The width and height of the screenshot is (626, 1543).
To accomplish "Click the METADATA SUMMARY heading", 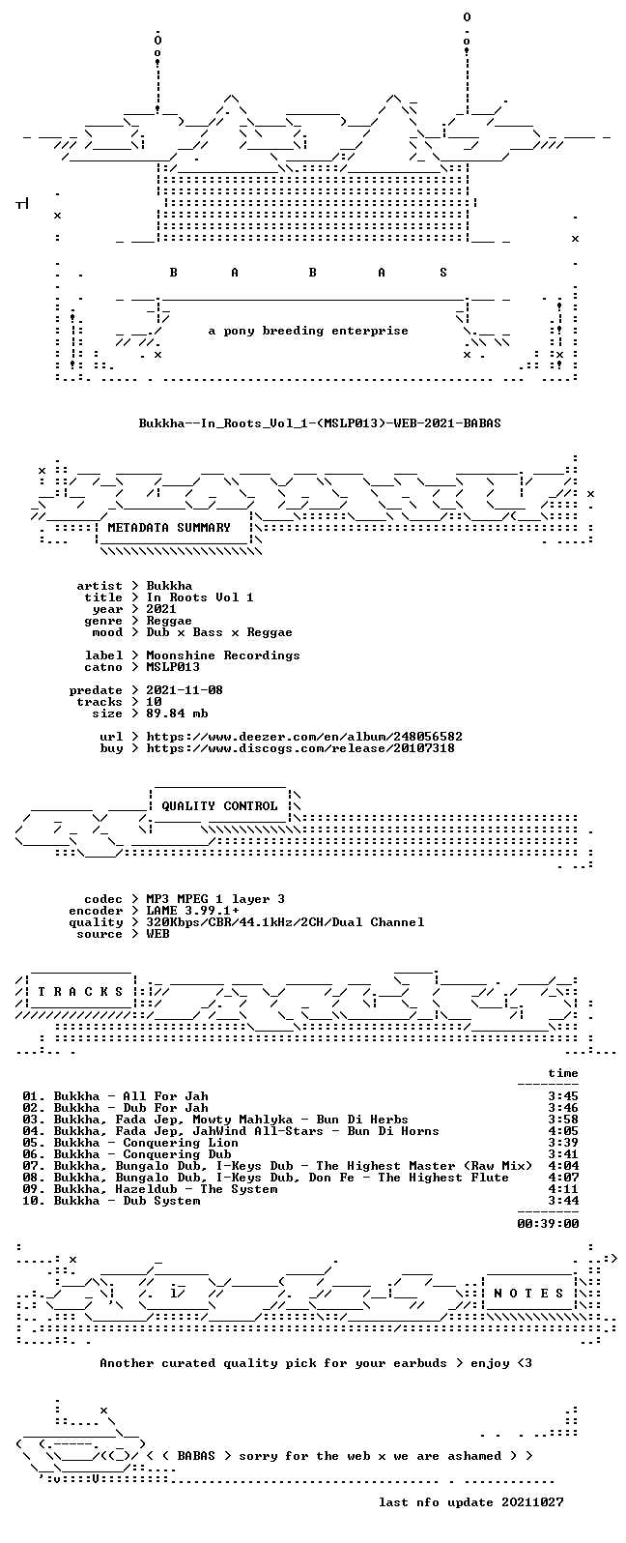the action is (169, 528).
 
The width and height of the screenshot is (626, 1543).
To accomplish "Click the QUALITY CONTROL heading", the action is (219, 806).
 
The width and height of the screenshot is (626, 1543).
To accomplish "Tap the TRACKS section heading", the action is (80, 991).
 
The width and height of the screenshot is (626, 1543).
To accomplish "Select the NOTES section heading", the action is (528, 1293).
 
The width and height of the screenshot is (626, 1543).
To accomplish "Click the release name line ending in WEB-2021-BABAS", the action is (320, 422).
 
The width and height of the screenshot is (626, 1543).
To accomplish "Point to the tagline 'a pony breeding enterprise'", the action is (308, 331).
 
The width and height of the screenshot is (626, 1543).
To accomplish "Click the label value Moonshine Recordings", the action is (223, 655).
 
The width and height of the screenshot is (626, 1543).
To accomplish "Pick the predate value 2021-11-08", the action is (185, 690).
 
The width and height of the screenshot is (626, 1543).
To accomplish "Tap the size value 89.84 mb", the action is (177, 713).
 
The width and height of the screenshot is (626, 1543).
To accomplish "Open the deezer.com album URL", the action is (304, 737).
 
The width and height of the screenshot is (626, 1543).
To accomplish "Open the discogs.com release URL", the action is (300, 748).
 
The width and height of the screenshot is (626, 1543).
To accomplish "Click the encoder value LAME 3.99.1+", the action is (192, 911).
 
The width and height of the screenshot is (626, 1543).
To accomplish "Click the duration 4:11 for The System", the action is (563, 1189).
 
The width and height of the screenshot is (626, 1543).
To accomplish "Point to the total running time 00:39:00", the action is (548, 1224).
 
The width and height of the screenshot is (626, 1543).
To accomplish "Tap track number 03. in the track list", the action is (34, 1120).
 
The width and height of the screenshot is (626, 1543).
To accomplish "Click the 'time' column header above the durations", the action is (563, 1073).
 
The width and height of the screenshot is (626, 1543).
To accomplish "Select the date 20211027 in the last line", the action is (532, 1501).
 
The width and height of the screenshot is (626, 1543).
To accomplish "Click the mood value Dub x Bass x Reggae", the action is (219, 632).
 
